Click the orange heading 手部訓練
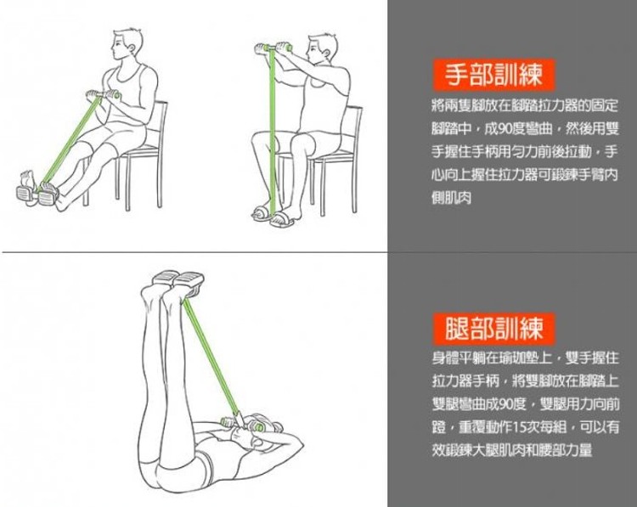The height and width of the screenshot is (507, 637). [493, 75]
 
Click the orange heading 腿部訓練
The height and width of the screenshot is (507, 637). [493, 329]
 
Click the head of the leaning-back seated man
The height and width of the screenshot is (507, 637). [127, 45]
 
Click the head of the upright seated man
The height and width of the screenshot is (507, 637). [322, 48]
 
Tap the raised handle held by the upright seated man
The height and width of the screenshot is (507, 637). [273, 48]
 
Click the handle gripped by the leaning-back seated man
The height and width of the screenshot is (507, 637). [104, 95]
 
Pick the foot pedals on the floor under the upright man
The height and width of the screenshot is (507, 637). [273, 218]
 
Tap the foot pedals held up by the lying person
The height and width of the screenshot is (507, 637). [178, 279]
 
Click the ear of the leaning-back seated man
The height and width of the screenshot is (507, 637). [132, 48]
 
